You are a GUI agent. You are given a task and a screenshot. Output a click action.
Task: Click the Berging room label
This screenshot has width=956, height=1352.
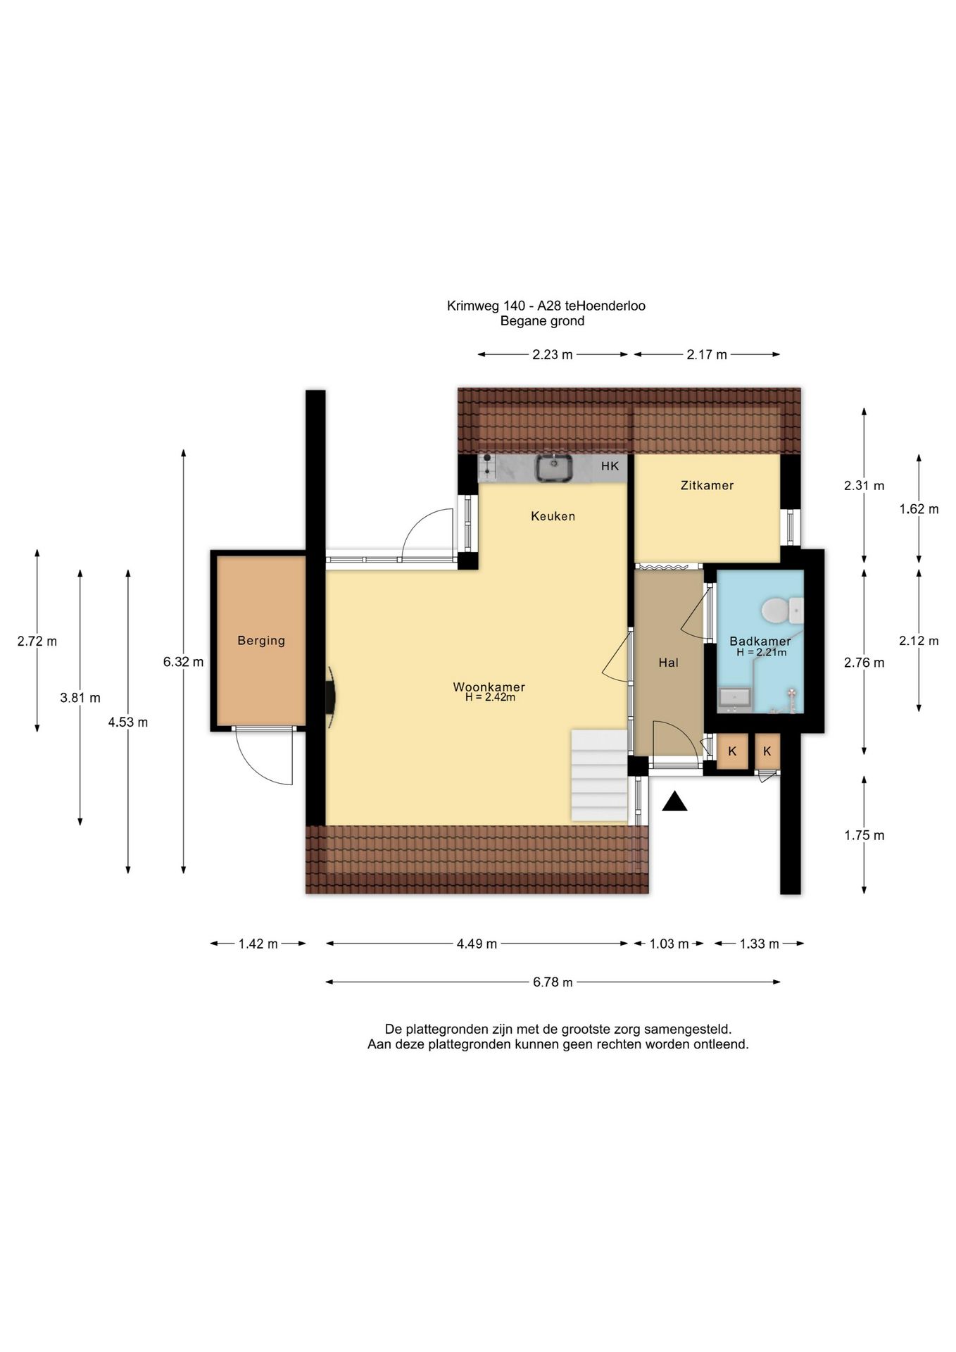click(261, 641)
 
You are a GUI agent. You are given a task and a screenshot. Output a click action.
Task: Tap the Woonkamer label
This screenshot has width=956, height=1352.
click(489, 687)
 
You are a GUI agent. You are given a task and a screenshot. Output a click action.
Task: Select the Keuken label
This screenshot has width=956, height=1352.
click(553, 516)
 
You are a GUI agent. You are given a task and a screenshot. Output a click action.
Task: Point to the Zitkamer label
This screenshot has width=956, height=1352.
click(707, 485)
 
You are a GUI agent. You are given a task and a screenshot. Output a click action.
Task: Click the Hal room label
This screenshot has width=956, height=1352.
click(668, 663)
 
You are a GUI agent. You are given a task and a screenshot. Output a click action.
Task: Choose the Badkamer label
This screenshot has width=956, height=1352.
click(760, 641)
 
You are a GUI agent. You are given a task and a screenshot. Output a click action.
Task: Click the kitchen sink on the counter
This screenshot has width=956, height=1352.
click(553, 468)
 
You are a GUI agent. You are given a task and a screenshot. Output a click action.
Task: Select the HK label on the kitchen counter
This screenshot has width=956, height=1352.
click(610, 466)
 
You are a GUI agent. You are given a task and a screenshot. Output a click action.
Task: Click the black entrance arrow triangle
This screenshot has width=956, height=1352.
click(674, 801)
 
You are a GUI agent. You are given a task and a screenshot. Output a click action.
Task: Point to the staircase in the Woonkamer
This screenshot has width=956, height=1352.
click(599, 775)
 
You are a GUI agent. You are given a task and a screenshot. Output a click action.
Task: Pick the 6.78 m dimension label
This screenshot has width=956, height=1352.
click(553, 982)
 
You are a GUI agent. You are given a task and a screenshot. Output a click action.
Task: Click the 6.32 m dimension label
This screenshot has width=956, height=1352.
click(183, 662)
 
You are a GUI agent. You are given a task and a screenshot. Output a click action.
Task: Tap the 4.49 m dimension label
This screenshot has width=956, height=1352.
click(477, 944)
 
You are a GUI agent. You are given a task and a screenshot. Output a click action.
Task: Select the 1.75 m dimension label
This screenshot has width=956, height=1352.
click(864, 835)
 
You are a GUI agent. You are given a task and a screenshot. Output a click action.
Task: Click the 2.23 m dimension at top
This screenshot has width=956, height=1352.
click(553, 355)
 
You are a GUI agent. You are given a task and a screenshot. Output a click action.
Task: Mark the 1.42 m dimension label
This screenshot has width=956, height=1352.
click(258, 944)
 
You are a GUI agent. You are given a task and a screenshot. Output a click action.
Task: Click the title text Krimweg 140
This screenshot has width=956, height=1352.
click(486, 306)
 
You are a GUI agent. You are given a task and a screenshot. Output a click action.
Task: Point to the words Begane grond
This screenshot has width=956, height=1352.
click(542, 321)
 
